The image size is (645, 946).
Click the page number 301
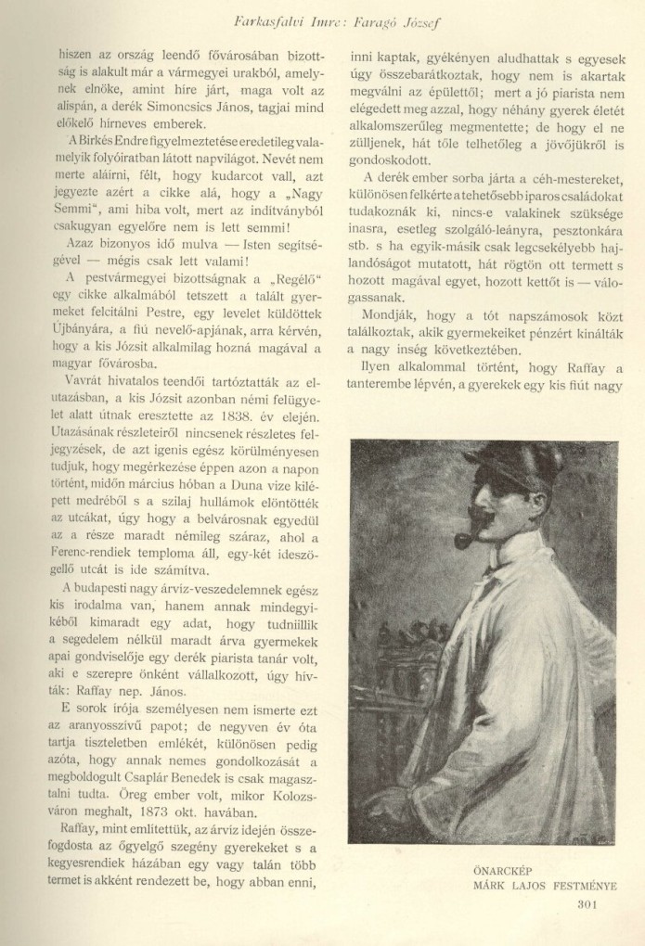592,906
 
